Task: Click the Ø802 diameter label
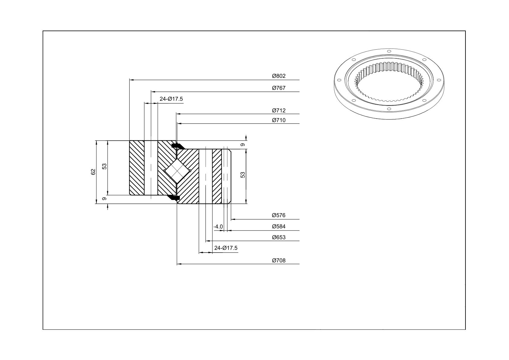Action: tap(279, 76)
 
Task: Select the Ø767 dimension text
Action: tap(279, 88)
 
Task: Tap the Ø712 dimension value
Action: tap(279, 110)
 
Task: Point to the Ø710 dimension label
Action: tap(279, 120)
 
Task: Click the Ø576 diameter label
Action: tap(279, 215)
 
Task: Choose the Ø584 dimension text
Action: tap(279, 227)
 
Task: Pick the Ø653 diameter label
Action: tap(279, 237)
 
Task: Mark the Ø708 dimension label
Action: tap(279, 260)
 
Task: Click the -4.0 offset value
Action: tap(218, 227)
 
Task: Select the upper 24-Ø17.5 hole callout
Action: tap(171, 99)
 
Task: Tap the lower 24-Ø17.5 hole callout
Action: tap(226, 248)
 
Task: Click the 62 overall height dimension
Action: tap(93, 172)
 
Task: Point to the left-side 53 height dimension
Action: tap(104, 166)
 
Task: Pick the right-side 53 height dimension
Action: tap(243, 175)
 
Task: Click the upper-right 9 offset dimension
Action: tap(243, 145)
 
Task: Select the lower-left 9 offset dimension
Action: tap(104, 199)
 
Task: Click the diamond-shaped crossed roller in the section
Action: tap(177, 171)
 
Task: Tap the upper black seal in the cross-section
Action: tap(178, 146)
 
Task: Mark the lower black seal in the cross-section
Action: tap(173, 198)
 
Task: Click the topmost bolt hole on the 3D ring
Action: tap(389, 51)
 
